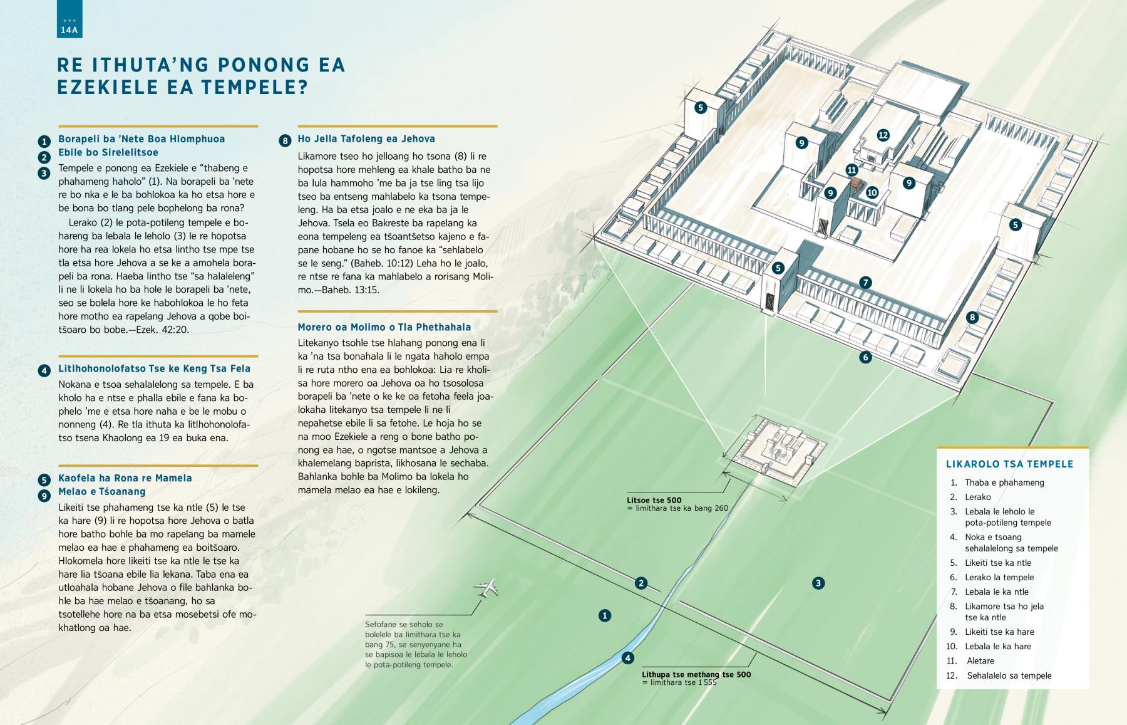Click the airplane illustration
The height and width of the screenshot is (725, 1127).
(486, 588)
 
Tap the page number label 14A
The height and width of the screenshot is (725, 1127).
(69, 29)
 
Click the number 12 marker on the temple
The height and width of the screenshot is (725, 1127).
(883, 135)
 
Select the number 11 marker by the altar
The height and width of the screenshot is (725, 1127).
(852, 170)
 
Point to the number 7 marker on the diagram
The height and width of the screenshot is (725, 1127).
(865, 283)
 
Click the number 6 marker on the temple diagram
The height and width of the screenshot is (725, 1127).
(865, 357)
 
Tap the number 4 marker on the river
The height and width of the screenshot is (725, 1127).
(628, 657)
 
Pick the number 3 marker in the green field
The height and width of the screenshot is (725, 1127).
(818, 583)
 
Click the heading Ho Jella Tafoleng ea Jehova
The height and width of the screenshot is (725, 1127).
(366, 139)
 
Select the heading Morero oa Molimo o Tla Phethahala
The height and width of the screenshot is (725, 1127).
(384, 327)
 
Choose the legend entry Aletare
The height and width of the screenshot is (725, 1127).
(980, 660)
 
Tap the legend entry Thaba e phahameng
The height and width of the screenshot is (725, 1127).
(1005, 482)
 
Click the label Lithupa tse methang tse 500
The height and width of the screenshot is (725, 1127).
(696, 674)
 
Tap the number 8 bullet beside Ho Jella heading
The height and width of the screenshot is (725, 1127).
(285, 140)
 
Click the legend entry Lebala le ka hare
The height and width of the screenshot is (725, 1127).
(998, 646)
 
